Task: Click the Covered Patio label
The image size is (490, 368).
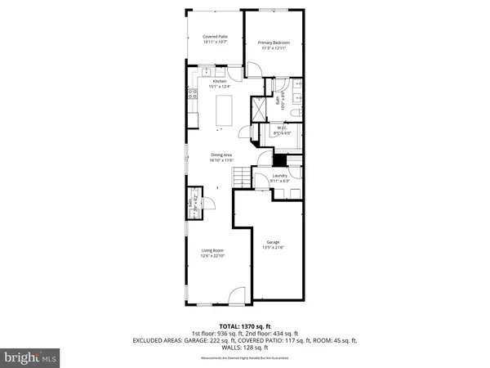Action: tap(215, 37)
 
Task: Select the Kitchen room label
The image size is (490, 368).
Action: tap(219, 80)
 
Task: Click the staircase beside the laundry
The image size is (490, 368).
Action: tap(239, 175)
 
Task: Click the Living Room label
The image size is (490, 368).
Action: tap(213, 251)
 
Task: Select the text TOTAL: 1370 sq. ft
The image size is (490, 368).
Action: tap(245, 326)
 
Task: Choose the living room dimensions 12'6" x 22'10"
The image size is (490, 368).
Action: tap(213, 257)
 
